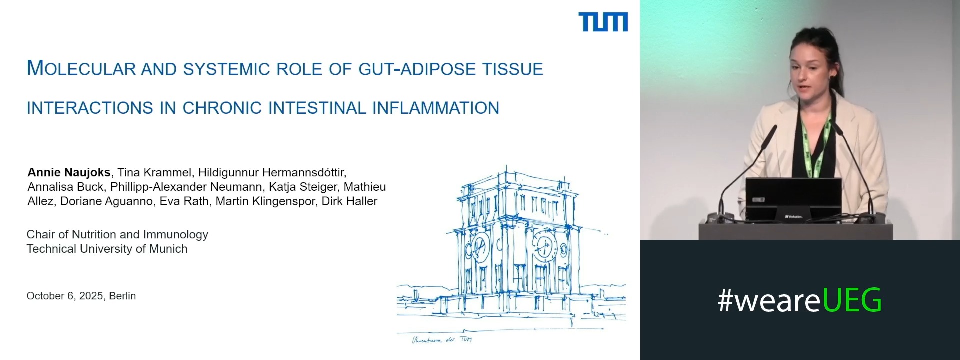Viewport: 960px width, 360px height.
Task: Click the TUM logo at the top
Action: tap(603, 22)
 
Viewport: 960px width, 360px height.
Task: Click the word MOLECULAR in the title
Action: tap(81, 68)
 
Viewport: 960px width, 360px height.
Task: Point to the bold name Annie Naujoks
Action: tap(69, 172)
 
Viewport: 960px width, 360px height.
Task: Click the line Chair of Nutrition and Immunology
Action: tap(117, 234)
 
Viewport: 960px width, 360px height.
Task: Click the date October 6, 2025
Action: tap(65, 296)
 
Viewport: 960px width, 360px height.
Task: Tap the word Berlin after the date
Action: tap(122, 296)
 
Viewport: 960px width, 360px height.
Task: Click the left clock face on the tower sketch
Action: tap(478, 246)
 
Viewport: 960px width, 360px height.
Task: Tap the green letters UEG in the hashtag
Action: tap(852, 300)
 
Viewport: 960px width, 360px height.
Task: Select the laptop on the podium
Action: tap(793, 200)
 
